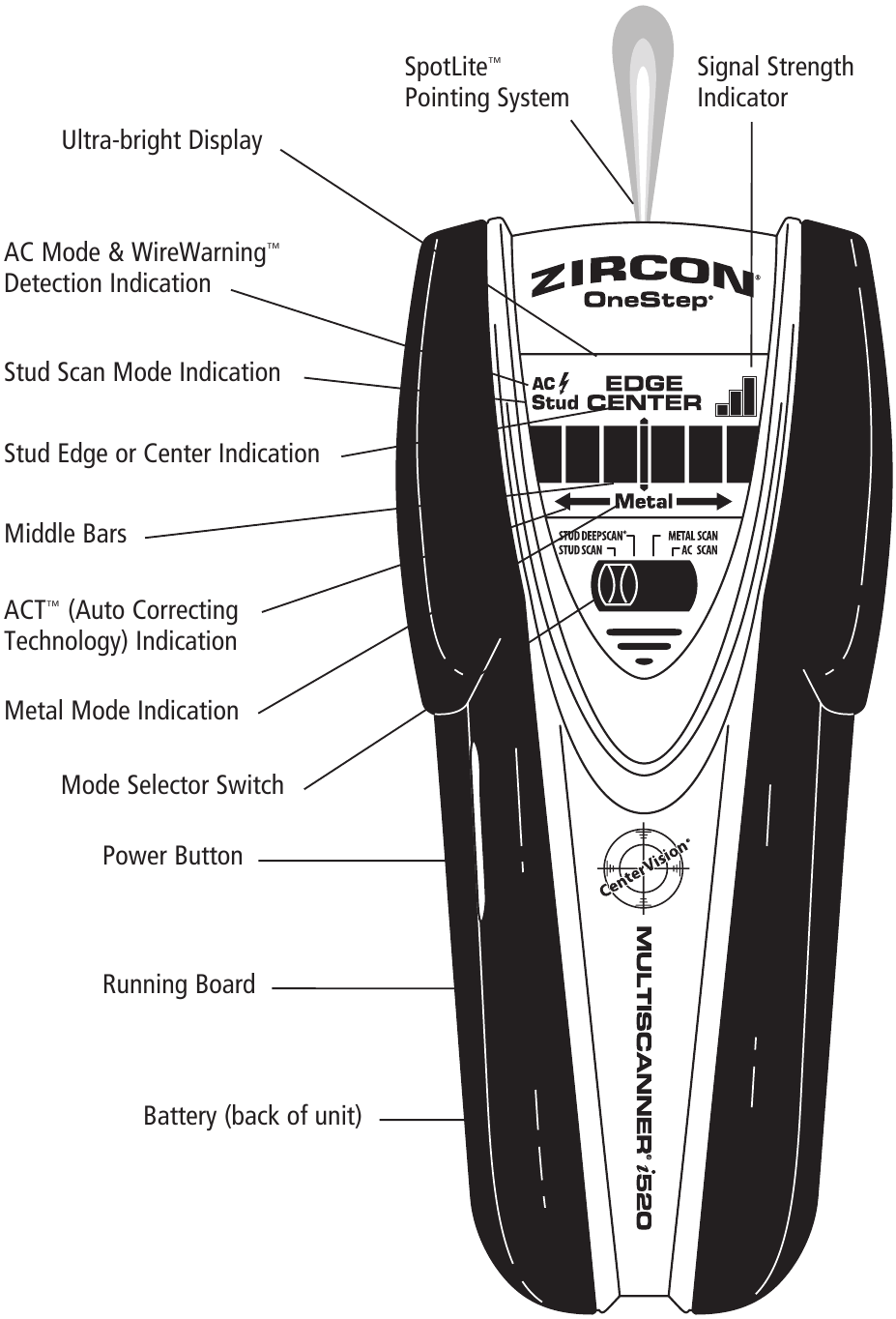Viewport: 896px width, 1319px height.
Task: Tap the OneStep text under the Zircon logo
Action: pyautogui.click(x=648, y=301)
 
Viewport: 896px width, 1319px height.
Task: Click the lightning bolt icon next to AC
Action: pyautogui.click(x=564, y=384)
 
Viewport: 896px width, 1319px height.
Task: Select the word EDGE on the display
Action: pyautogui.click(x=644, y=384)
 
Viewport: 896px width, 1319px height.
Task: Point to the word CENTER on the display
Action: pyautogui.click(x=644, y=402)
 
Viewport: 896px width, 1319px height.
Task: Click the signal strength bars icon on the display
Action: pyautogui.click(x=737, y=395)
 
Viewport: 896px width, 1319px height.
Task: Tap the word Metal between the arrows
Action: pyautogui.click(x=644, y=501)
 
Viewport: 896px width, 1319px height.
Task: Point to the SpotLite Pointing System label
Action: pyautogui.click(x=486, y=82)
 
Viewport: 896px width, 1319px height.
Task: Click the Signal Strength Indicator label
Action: pyautogui.click(x=775, y=82)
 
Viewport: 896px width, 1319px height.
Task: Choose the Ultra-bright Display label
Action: pyautogui.click(x=161, y=140)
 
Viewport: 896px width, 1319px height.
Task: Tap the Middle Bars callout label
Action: pyautogui.click(x=66, y=534)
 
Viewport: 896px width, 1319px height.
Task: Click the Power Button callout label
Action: pyautogui.click(x=172, y=856)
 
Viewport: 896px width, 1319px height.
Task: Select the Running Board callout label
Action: pyautogui.click(x=179, y=984)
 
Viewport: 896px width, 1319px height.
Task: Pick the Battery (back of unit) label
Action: pyautogui.click(x=252, y=1116)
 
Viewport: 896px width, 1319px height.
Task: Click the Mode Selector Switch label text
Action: pyautogui.click(x=172, y=784)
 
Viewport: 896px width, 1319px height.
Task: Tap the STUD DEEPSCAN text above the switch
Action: pyautogui.click(x=593, y=535)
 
